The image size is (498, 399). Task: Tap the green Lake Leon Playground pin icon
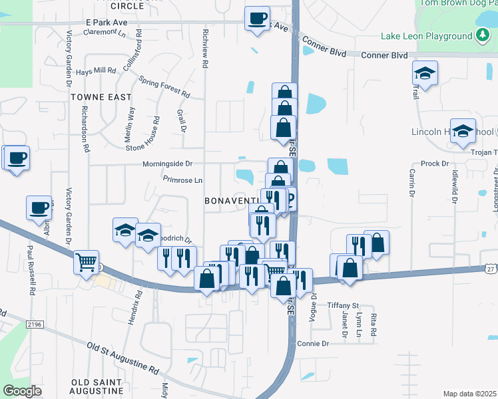click(x=483, y=36)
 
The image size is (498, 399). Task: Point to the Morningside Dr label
click(x=167, y=163)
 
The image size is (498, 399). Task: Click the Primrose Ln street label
click(x=182, y=180)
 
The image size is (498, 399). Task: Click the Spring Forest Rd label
click(x=163, y=88)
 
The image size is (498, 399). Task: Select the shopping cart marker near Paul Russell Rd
click(x=86, y=262)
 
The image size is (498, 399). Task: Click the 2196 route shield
click(x=35, y=324)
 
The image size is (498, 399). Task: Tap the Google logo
click(x=22, y=391)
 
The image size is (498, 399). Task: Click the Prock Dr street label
click(x=435, y=164)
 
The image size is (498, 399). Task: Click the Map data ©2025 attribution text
click(x=469, y=394)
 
